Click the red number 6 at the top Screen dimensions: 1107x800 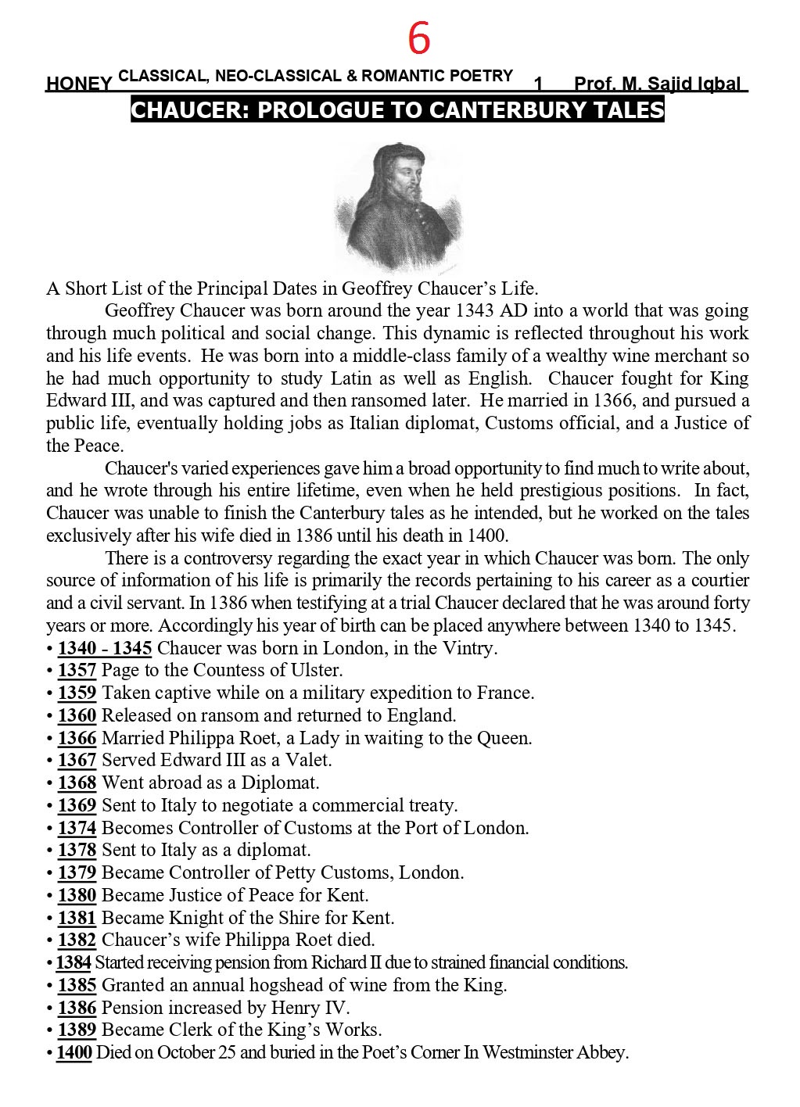point(419,38)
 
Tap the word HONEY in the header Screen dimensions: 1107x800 point(78,84)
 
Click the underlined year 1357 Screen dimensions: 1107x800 point(77,670)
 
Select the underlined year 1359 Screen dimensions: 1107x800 point(77,693)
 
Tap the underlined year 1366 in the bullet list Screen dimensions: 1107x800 point(77,738)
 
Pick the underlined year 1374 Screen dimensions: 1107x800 point(77,828)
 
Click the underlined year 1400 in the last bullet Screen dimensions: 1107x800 point(74,1052)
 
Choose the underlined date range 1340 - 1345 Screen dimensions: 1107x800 point(105,648)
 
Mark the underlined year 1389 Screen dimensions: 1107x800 point(77,1030)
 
